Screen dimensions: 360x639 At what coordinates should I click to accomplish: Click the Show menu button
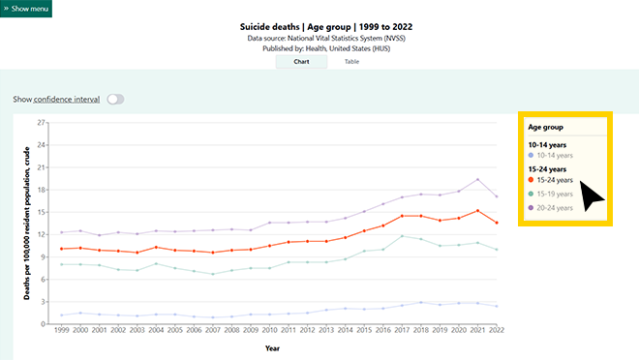tap(26, 8)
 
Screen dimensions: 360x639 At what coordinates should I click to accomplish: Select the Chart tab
tap(301, 61)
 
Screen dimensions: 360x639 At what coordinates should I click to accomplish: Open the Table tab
tap(351, 61)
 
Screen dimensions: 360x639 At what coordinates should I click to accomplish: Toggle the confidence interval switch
tap(115, 99)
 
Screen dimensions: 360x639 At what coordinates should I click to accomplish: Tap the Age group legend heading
tap(546, 127)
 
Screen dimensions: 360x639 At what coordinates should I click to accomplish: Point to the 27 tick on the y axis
tap(41, 123)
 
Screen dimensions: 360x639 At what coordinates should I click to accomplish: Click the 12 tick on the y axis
tap(41, 234)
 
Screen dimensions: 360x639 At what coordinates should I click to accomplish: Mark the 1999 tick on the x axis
tap(61, 332)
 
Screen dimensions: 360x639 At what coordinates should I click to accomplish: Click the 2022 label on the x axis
tap(495, 332)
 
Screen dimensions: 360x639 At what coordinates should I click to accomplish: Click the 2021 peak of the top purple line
tap(477, 180)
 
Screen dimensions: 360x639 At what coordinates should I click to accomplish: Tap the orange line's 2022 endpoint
tap(496, 223)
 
